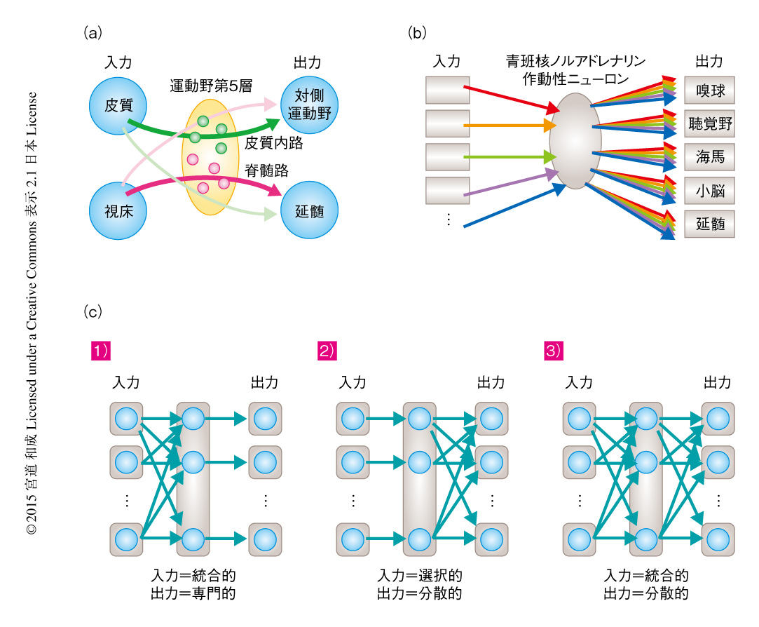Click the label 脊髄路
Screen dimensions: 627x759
coord(266,170)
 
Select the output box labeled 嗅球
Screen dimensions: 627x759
coord(709,91)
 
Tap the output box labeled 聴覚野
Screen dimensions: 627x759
coord(709,124)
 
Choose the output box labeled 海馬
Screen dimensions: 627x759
coord(709,157)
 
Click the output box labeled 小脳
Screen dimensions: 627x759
coord(709,190)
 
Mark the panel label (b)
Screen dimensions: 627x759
coord(417,32)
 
